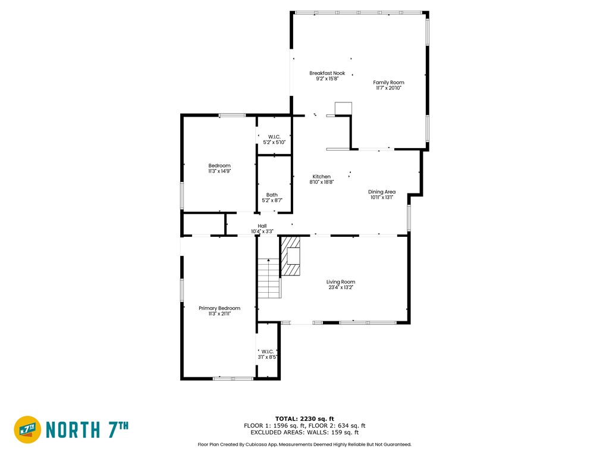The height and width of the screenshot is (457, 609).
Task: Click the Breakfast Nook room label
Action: [x=327, y=73]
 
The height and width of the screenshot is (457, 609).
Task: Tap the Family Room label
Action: [x=388, y=82]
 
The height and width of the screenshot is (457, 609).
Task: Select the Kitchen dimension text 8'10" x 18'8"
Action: [x=322, y=182]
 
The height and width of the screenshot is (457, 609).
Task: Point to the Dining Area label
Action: [x=382, y=192]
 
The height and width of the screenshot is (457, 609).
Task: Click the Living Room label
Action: [x=341, y=281]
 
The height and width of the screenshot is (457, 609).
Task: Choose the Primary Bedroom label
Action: [x=219, y=308]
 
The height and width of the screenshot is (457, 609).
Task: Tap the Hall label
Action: [x=262, y=226]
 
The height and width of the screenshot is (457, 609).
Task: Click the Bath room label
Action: [x=272, y=195]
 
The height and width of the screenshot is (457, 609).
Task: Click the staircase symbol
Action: [x=269, y=278]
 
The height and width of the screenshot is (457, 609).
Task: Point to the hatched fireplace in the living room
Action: [x=290, y=256]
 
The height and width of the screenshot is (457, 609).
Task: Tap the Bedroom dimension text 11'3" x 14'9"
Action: [x=219, y=171]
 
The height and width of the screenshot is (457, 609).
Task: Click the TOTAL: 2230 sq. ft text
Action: [x=304, y=418]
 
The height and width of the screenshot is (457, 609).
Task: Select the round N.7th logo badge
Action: [x=27, y=430]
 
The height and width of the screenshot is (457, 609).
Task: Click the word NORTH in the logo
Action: [x=73, y=430]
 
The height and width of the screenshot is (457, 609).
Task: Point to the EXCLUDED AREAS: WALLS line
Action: [x=304, y=432]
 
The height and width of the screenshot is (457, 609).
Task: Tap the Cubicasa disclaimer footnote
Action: [x=304, y=444]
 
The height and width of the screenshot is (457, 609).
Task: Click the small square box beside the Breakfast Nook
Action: [x=343, y=109]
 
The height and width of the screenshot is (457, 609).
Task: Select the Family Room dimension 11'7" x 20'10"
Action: [x=388, y=88]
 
